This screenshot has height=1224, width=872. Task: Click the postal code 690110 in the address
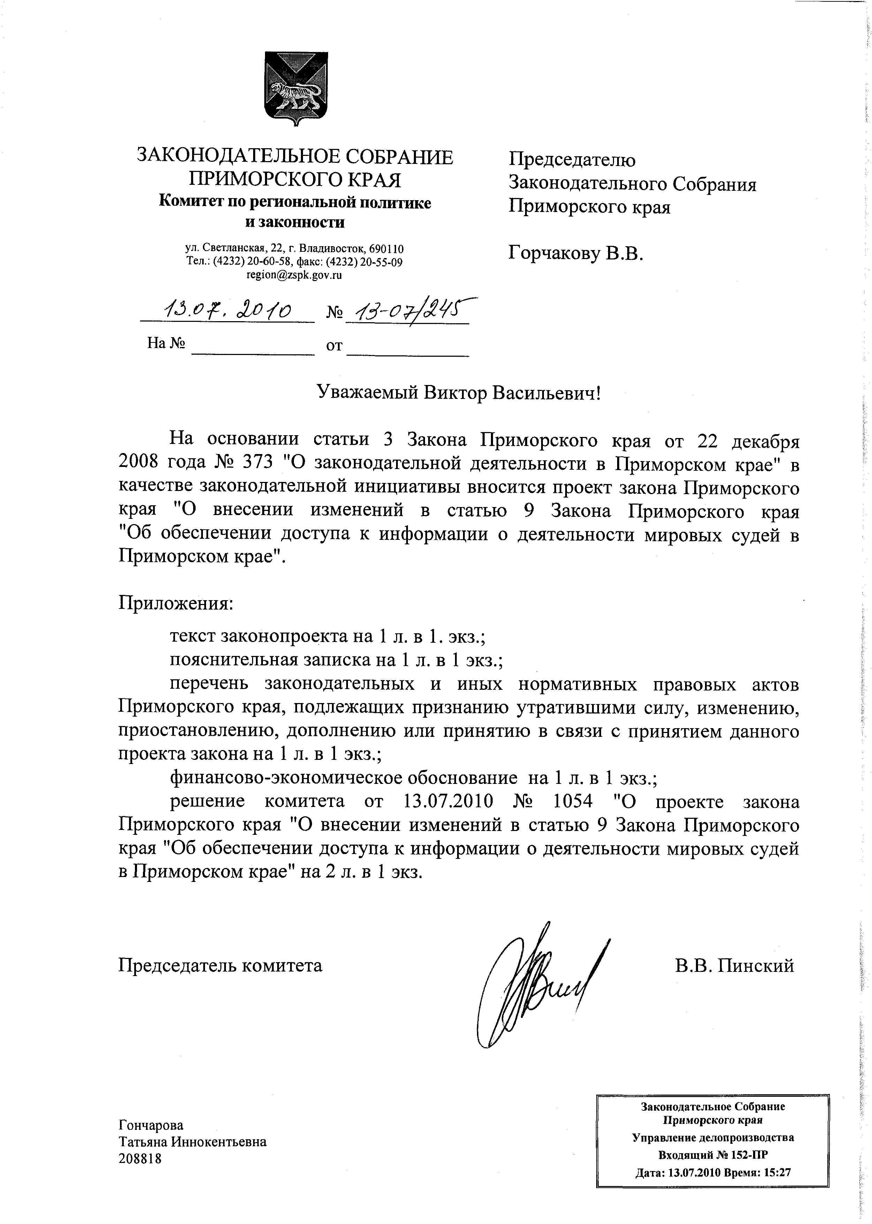coord(387,249)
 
